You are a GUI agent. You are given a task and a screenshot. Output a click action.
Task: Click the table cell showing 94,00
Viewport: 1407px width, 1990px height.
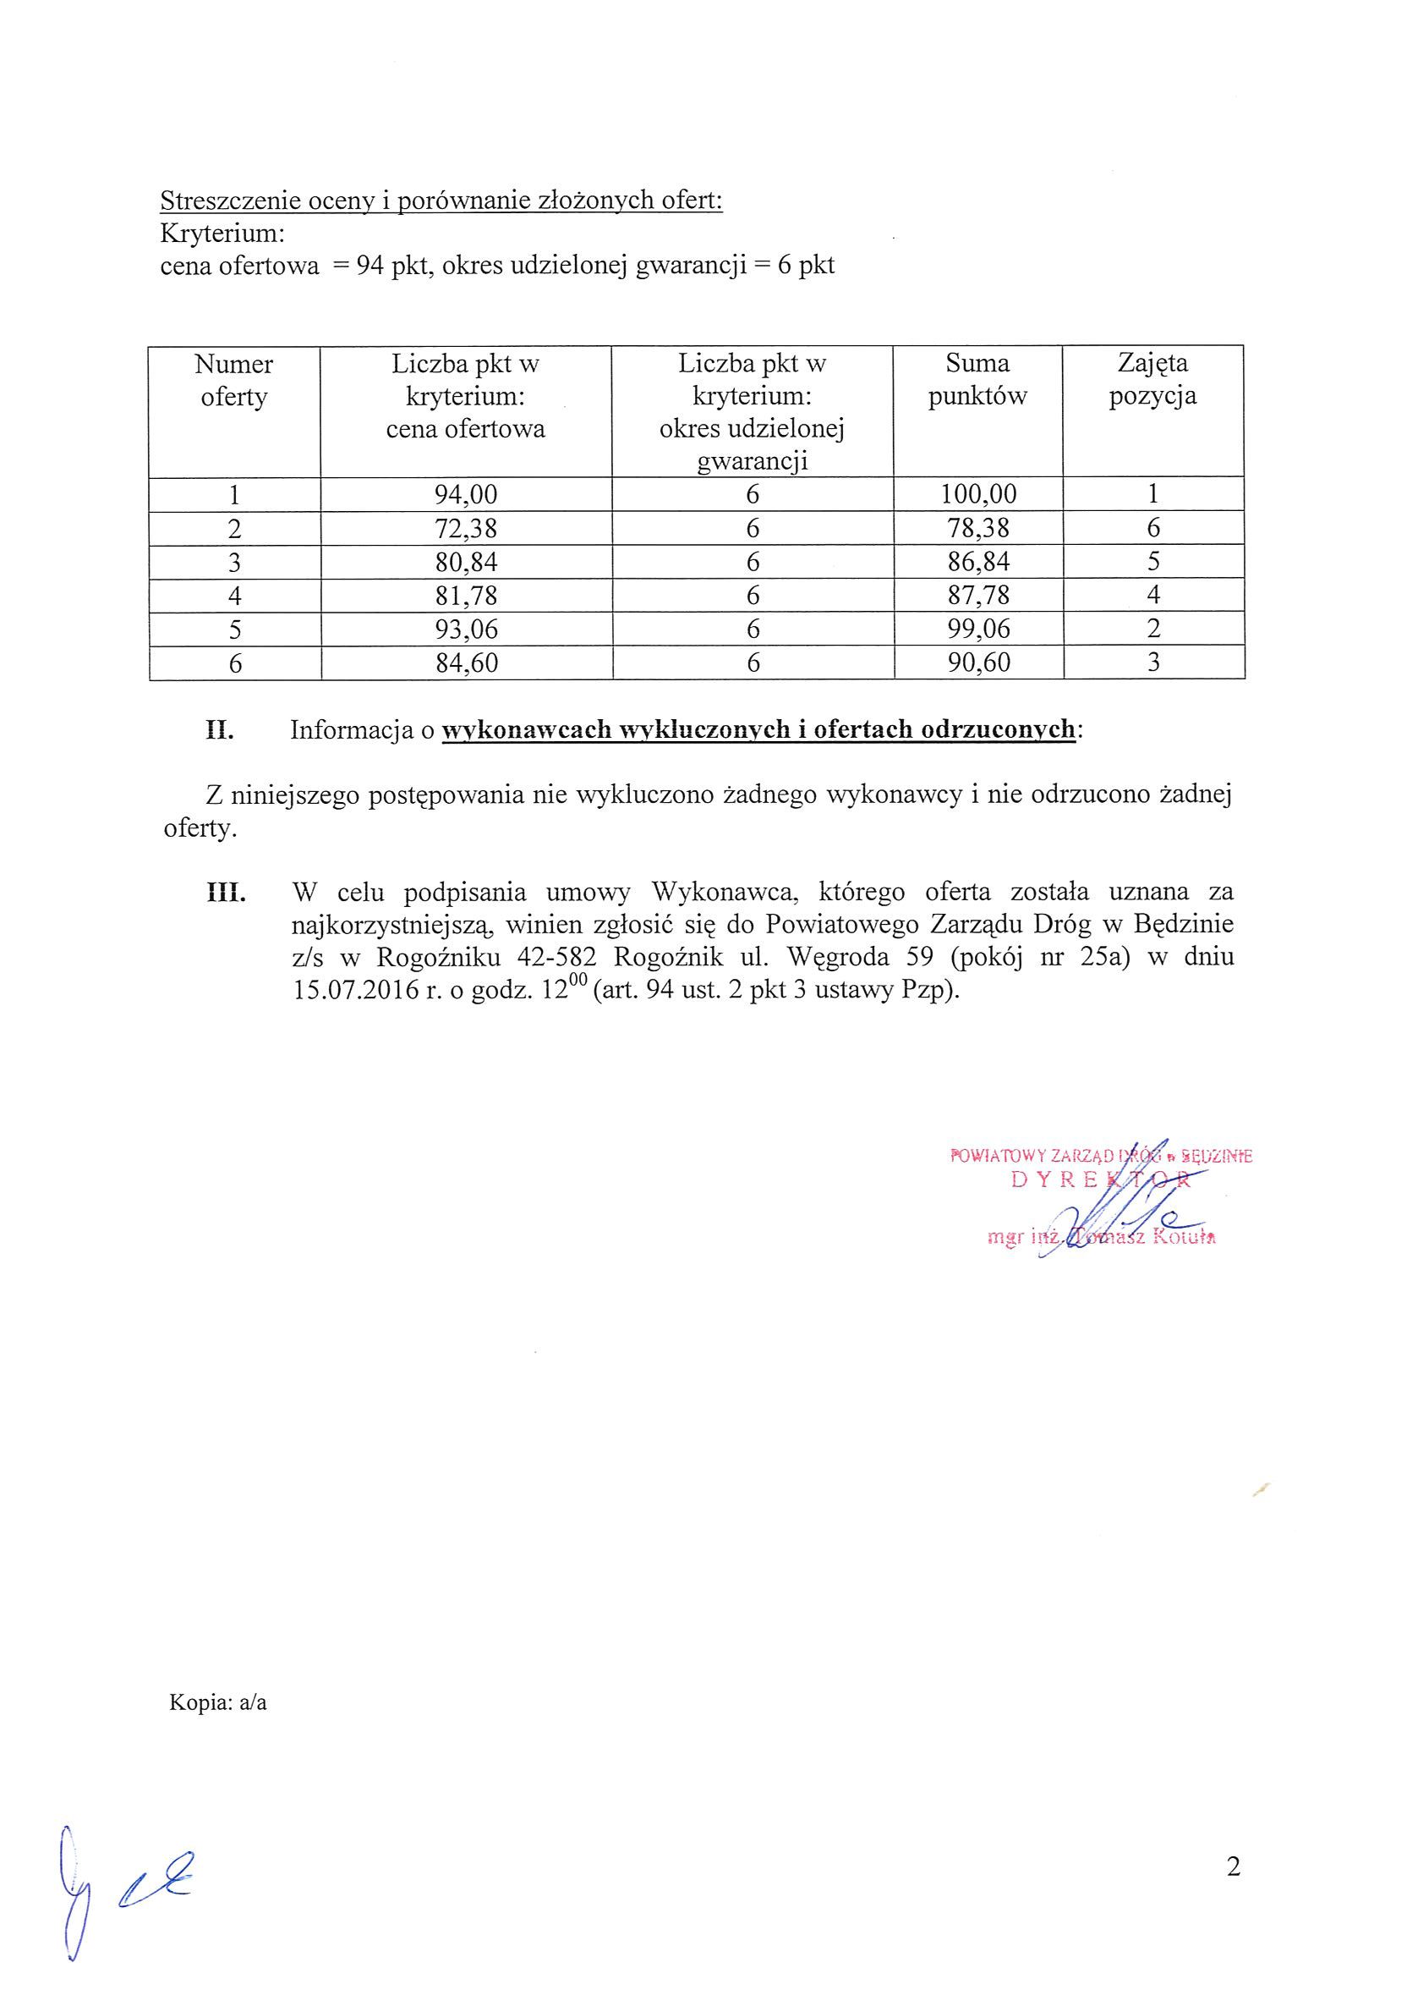click(x=465, y=495)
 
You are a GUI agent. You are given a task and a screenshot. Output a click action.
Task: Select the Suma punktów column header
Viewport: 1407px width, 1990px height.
click(x=977, y=380)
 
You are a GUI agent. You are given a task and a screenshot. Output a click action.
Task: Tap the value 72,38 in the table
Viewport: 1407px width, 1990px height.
click(x=465, y=529)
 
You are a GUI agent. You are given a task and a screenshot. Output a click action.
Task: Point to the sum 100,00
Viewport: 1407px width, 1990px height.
click(x=978, y=495)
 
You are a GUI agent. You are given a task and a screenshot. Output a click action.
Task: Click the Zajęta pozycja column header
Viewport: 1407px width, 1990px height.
click(x=1152, y=380)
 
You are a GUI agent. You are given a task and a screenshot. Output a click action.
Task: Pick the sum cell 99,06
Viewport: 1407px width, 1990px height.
click(x=978, y=629)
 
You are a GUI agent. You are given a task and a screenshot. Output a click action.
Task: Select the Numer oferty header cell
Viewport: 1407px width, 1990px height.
click(x=234, y=380)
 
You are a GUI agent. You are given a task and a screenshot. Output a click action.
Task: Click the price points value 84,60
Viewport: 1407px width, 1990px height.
click(x=465, y=663)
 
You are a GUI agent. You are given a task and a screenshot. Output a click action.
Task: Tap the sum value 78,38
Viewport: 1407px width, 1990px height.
click(x=978, y=529)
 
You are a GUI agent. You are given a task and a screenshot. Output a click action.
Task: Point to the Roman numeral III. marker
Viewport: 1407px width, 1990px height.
click(x=225, y=892)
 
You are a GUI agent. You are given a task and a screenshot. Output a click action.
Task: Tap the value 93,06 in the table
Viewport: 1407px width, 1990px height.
click(x=465, y=629)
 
